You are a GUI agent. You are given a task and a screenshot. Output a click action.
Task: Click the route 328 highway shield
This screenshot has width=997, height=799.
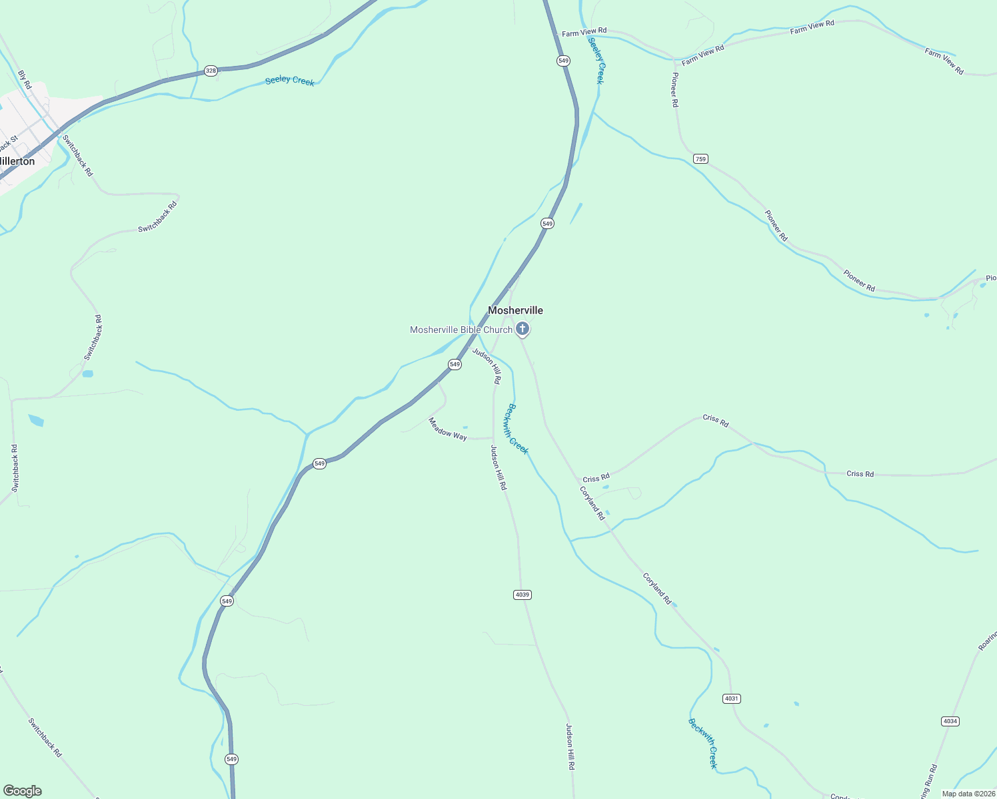tap(211, 71)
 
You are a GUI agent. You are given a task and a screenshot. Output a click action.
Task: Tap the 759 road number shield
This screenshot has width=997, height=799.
tap(700, 158)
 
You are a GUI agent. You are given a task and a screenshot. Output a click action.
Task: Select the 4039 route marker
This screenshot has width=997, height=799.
tap(522, 595)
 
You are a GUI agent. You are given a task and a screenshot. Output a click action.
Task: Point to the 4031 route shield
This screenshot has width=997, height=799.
tap(731, 698)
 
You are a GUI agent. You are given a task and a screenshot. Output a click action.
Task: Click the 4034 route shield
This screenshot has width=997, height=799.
tap(950, 721)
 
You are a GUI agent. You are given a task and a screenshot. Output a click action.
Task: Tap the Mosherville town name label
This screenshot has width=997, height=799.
tap(515, 310)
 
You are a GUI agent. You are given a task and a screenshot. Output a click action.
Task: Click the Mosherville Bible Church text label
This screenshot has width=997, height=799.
tap(461, 330)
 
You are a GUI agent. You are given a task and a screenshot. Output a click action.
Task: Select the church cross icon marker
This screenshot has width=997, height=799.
tap(523, 328)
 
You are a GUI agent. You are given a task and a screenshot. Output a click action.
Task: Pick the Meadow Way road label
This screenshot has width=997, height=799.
tap(447, 429)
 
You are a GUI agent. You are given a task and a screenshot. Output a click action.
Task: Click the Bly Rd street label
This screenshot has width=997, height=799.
tap(25, 80)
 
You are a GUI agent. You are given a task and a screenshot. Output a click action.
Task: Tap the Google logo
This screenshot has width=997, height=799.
tap(23, 791)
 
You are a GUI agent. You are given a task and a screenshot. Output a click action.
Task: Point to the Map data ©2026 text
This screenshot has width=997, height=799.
tap(968, 794)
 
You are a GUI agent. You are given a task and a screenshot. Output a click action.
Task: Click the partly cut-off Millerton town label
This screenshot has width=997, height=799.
tap(17, 161)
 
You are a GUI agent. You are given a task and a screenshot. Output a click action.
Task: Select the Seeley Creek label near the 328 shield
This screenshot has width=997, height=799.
tap(289, 81)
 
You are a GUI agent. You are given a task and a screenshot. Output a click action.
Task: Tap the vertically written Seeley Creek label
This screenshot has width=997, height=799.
tap(596, 61)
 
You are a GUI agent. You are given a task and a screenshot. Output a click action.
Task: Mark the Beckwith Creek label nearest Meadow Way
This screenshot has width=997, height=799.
tap(518, 429)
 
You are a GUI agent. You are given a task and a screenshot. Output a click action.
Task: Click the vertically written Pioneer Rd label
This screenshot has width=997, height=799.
tap(674, 90)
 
